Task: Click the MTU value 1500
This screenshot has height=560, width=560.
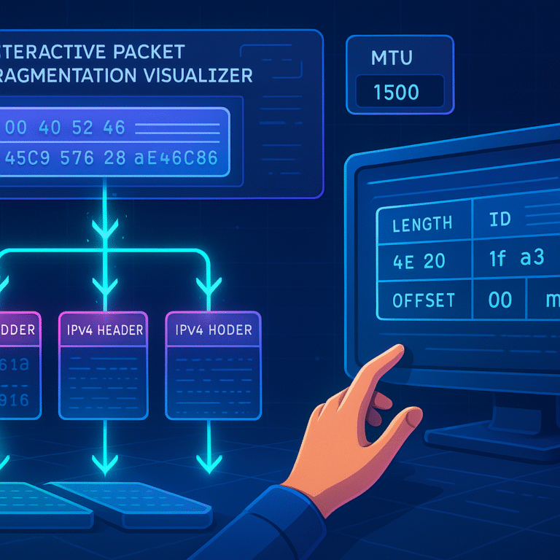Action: point(396,93)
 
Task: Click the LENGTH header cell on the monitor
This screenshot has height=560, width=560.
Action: point(421,224)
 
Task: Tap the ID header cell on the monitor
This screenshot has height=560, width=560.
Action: point(500,220)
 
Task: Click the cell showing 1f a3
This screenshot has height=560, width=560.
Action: point(516,258)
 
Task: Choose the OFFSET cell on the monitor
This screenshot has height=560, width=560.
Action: point(423,300)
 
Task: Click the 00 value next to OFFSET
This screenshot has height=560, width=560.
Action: point(500,300)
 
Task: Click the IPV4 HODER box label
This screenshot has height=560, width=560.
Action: point(213,330)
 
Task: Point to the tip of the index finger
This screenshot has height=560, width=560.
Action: point(400,351)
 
